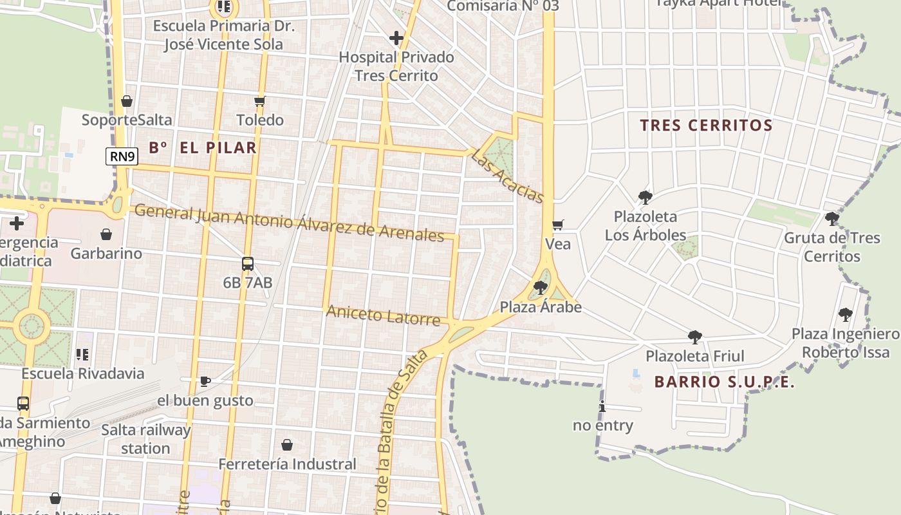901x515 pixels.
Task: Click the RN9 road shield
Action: pos(122,156)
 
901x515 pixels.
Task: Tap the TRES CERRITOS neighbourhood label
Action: pos(706,126)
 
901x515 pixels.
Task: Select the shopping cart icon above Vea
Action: pos(558,225)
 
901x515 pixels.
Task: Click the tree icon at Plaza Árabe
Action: pos(541,287)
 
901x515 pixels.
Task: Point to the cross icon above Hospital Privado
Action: pos(396,38)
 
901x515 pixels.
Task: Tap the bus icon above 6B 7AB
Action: pos(248,263)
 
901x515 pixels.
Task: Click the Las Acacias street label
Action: pos(508,176)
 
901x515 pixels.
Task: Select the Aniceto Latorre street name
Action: pos(383,315)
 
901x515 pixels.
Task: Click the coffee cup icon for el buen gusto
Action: pos(205,381)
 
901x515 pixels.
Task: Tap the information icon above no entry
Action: pos(602,406)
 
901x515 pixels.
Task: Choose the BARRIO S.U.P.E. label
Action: pos(725,382)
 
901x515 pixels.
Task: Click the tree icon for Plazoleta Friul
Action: pos(694,337)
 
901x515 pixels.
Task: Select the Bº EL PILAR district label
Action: pos(203,147)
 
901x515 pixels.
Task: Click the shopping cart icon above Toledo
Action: pos(260,101)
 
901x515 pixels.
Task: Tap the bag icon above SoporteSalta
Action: pos(127,101)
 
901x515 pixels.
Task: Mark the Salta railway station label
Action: pos(145,439)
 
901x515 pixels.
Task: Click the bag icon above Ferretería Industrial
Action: pos(287,445)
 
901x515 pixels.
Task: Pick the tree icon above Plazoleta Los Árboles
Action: pos(645,198)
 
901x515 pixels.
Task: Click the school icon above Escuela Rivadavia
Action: pos(82,354)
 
